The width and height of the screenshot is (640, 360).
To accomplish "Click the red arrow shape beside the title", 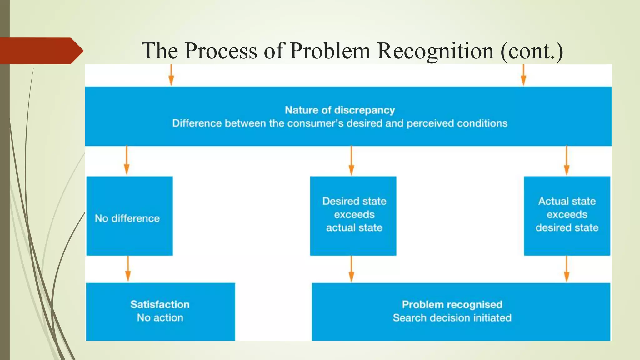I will (x=41, y=51).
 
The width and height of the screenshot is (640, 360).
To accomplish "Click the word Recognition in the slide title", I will (x=436, y=51).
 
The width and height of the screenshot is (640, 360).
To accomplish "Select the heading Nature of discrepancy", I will (x=340, y=110).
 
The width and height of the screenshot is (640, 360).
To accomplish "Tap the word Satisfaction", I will (x=160, y=304).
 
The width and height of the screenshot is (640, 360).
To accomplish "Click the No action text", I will (x=160, y=318).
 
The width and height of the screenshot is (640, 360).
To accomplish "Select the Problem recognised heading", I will (x=452, y=304).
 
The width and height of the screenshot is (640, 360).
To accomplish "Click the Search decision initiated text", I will (x=452, y=318).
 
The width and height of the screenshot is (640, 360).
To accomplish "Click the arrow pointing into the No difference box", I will (x=127, y=161).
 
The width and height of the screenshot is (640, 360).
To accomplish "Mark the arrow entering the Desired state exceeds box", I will (x=351, y=161).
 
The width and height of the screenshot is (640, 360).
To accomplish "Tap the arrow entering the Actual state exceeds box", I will (x=567, y=161).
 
